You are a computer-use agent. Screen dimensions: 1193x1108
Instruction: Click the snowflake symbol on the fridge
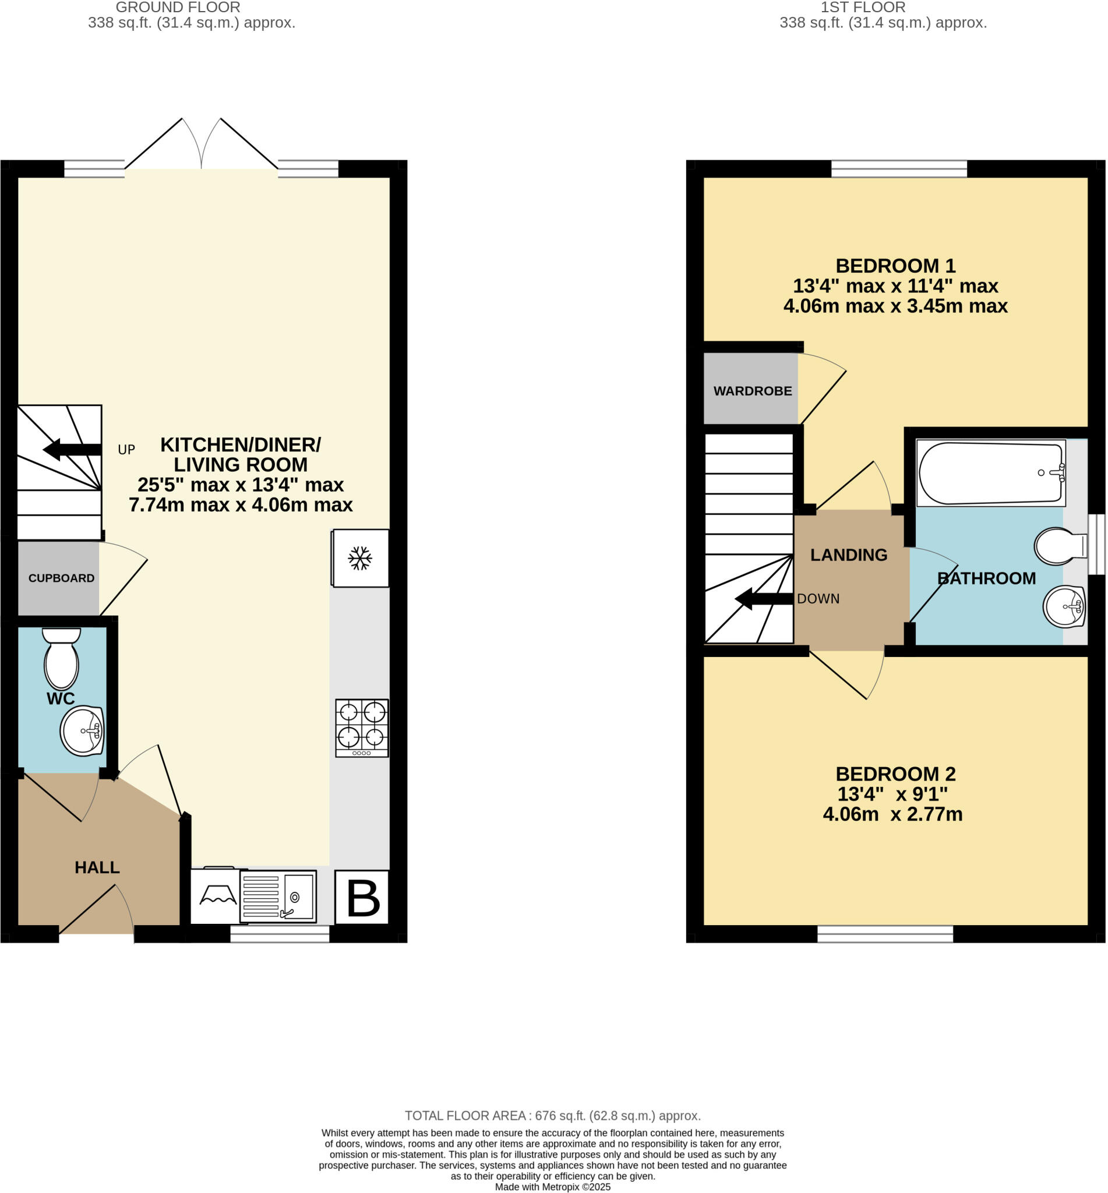[360, 558]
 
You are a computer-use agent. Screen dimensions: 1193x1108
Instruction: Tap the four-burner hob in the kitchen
[362, 728]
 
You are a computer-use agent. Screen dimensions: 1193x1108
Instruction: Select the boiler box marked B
[362, 898]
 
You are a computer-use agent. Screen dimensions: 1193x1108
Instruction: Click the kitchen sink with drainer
[278, 896]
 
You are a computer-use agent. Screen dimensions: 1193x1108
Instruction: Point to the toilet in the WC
[61, 659]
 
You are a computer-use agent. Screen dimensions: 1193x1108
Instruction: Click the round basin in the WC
[82, 731]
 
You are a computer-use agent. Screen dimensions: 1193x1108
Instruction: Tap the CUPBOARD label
[61, 578]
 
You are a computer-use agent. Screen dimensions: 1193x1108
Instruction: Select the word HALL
[97, 867]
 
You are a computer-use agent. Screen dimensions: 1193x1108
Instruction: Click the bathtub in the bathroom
[990, 473]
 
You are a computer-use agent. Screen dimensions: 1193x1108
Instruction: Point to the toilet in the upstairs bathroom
[1060, 546]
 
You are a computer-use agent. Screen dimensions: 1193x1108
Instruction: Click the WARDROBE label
[753, 391]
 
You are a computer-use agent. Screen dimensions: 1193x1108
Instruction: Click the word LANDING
[848, 555]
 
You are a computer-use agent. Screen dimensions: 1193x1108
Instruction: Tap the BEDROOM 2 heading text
[895, 774]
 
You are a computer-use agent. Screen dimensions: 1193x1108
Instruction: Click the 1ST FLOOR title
[863, 7]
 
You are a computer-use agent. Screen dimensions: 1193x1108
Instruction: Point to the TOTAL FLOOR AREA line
[552, 1116]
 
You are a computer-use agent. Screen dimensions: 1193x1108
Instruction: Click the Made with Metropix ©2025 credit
[552, 1187]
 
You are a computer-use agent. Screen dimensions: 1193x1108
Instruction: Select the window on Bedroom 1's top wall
[899, 168]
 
